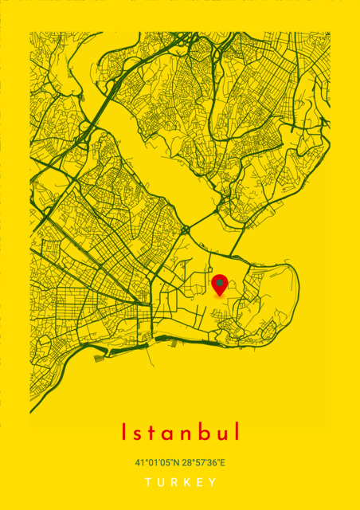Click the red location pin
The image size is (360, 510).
point(220,284)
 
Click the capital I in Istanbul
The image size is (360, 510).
point(124,432)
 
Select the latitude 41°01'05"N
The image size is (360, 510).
point(157,462)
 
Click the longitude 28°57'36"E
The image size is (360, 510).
point(203,462)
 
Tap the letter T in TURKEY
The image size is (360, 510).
point(148,483)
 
